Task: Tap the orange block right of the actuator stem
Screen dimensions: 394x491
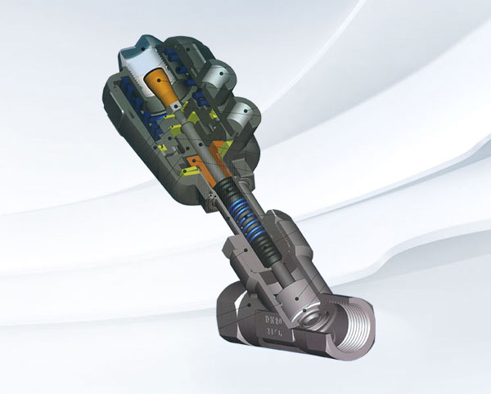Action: [220, 152]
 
